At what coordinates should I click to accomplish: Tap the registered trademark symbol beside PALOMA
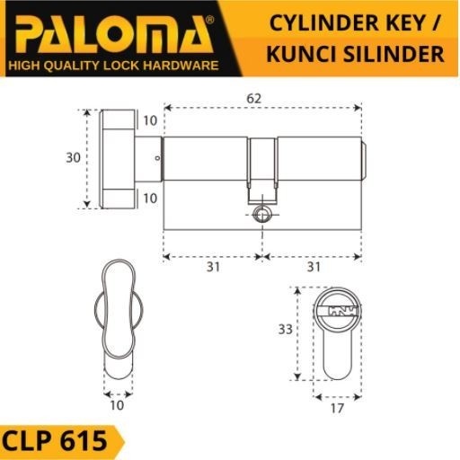(x=210, y=20)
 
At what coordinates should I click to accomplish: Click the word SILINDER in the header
(x=394, y=54)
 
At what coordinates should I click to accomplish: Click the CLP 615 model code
(x=55, y=441)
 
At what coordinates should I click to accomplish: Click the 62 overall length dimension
(x=253, y=99)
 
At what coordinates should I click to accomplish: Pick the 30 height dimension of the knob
(x=74, y=157)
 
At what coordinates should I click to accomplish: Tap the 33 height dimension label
(x=285, y=330)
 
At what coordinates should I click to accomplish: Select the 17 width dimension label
(x=337, y=409)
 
